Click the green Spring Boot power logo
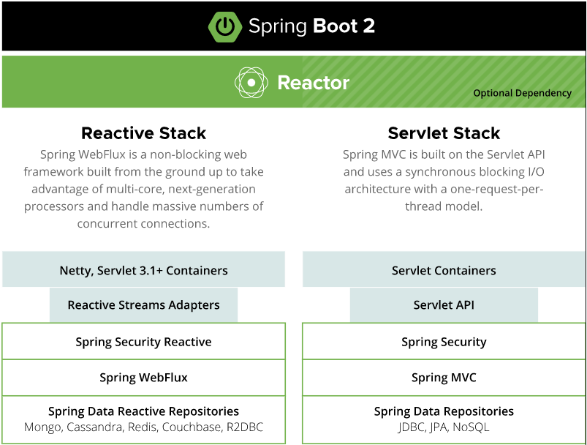tap(225, 26)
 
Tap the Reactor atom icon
tap(251, 83)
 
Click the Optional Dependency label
tap(522, 94)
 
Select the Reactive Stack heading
tap(144, 133)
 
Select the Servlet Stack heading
tap(444, 133)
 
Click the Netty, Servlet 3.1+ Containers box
tap(144, 269)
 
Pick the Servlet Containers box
tap(444, 269)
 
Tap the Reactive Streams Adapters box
tap(144, 304)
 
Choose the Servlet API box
tap(444, 304)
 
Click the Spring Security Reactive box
tap(144, 341)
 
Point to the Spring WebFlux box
tap(144, 378)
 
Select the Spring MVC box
tap(444, 378)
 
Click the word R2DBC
tap(245, 427)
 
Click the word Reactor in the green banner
tap(314, 83)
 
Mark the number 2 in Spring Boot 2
tap(368, 26)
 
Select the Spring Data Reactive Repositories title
tap(144, 411)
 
